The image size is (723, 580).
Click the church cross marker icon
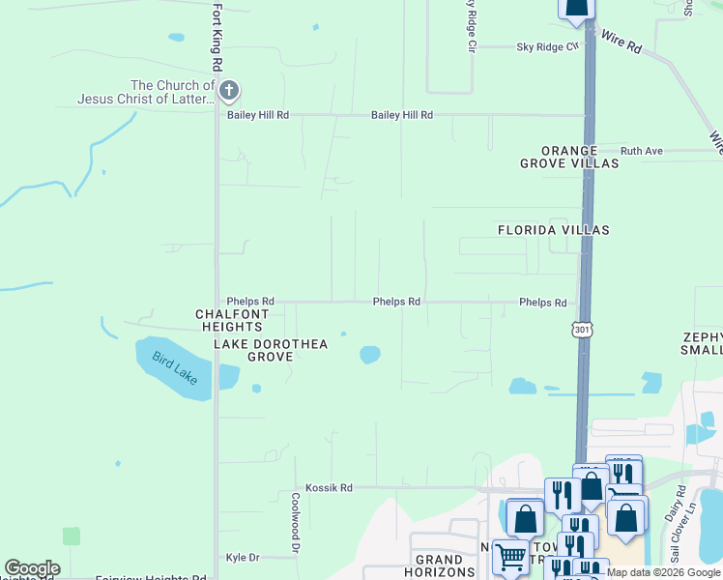(229, 92)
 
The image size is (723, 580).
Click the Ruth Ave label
(641, 151)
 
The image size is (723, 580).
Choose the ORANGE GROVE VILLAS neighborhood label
(569, 158)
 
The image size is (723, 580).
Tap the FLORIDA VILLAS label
(553, 230)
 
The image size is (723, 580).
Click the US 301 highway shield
(582, 331)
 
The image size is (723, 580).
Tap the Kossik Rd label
(329, 488)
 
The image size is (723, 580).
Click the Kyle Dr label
(243, 558)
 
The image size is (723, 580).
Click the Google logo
(32, 568)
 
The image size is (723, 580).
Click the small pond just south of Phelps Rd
(369, 355)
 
